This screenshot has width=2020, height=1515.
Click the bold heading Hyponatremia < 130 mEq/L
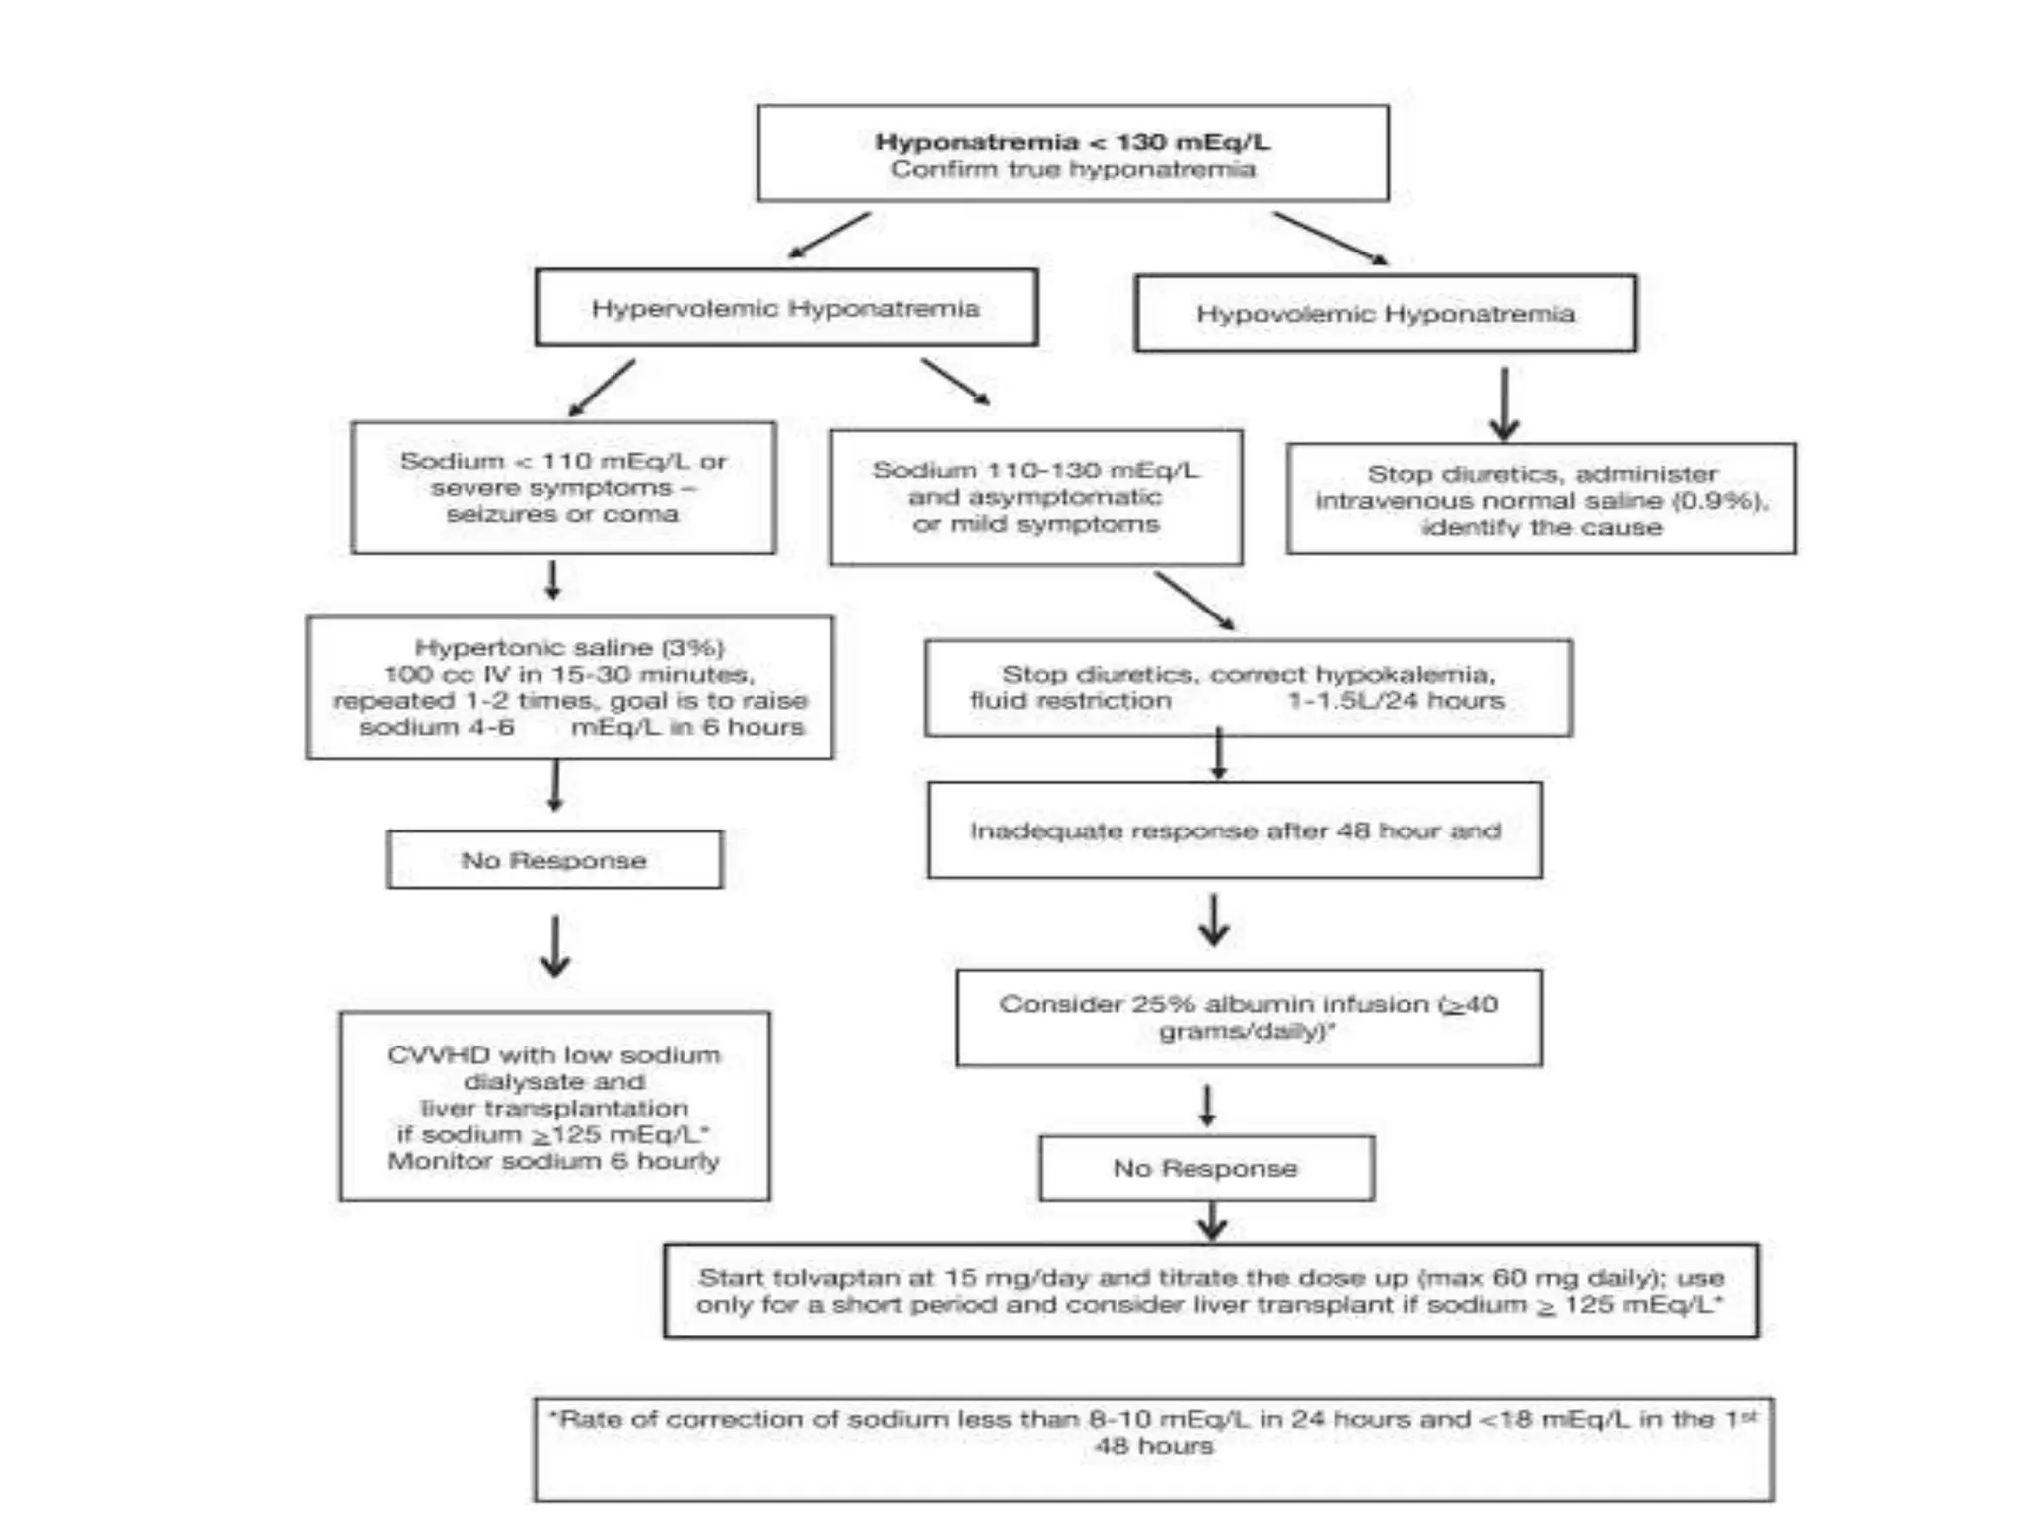[1072, 142]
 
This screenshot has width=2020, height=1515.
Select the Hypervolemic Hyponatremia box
[785, 309]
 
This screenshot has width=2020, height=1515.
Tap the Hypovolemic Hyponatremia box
[1385, 314]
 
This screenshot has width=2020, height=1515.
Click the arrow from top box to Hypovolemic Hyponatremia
[1330, 238]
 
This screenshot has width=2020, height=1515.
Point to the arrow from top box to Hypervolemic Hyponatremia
[830, 235]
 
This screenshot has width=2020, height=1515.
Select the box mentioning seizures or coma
[563, 487]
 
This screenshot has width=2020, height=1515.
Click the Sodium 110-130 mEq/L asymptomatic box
[1036, 497]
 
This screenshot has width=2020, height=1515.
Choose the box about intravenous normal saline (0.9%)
[1541, 500]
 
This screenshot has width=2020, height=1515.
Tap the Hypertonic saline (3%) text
[569, 648]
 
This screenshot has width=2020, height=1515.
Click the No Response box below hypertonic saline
[554, 860]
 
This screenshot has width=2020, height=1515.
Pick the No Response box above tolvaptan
[1205, 1169]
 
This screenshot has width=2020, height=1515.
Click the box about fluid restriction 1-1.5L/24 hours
[1248, 688]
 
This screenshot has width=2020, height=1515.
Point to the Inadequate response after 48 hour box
[1234, 830]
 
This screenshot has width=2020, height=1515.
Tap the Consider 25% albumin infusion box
[1248, 1018]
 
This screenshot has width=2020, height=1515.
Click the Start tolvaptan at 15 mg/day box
[1210, 1291]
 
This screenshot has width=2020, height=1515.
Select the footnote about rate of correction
[1153, 1447]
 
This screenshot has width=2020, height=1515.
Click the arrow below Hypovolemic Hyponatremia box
[1504, 404]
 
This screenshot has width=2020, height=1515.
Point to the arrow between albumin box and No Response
[1207, 1106]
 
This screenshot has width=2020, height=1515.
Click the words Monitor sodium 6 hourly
[553, 1161]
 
